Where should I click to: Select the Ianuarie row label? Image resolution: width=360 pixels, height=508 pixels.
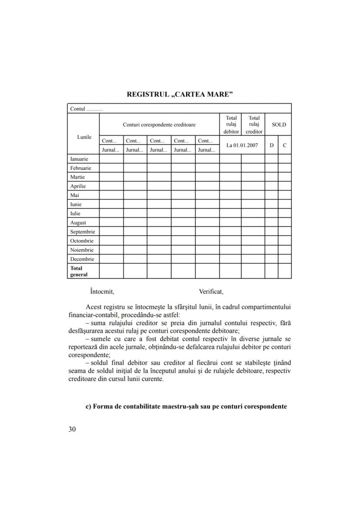coord(79,159)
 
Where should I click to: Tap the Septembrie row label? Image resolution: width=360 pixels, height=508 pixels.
coord(83,232)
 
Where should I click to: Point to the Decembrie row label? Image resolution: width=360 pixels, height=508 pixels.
coord(82,259)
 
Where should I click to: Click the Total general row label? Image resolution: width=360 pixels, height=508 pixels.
coord(79,271)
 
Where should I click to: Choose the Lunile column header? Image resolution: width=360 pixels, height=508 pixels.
coord(84,137)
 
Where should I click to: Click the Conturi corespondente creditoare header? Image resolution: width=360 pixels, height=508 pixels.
coord(159,125)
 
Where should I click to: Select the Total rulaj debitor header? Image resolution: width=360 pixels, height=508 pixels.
coord(231,125)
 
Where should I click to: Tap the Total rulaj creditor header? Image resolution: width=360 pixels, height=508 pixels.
coord(254,125)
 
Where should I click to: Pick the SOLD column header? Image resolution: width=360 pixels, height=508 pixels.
coord(279,125)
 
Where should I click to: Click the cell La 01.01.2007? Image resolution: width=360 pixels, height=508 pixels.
coord(242,145)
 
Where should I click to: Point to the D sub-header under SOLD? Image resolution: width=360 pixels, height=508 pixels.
coord(271,145)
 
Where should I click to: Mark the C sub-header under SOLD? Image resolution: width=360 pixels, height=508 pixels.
coord(285,145)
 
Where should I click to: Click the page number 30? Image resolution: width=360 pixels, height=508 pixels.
coord(72,429)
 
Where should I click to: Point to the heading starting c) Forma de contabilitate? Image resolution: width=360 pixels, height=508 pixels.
coord(186,407)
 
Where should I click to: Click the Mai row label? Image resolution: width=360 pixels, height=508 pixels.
coord(74,195)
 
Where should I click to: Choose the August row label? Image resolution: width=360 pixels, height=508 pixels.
coord(78,222)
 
